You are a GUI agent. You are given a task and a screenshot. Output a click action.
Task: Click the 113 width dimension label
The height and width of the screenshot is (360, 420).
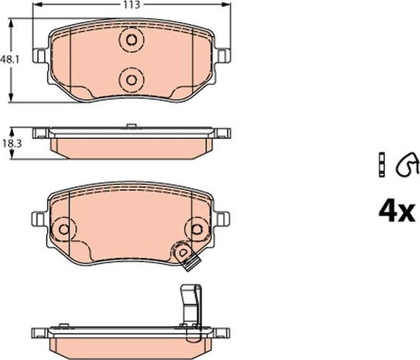coord(133,4)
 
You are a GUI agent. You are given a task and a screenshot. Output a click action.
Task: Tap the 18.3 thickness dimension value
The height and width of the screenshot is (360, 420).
coord(9,144)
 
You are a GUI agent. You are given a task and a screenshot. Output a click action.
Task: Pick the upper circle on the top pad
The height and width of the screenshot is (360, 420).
coord(132,41)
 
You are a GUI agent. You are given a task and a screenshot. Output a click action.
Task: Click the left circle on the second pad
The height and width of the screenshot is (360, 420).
coord(63,229)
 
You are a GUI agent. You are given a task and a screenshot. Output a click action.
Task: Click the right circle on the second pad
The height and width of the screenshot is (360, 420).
coord(196,229)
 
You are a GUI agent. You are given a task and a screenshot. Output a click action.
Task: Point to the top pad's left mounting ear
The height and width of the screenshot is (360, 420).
coord(40,55)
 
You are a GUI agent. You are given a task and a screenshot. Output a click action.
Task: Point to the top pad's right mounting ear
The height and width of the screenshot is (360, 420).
coord(223,55)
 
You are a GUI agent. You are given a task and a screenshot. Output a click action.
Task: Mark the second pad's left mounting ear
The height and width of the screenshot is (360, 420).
coord(38,218)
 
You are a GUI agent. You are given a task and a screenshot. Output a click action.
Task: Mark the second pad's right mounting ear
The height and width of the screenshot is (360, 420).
coord(224,218)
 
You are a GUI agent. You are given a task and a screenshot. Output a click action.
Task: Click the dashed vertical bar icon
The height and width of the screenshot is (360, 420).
coord(381,165)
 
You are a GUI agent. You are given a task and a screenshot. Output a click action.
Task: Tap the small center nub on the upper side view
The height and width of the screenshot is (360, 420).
coord(131,127)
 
